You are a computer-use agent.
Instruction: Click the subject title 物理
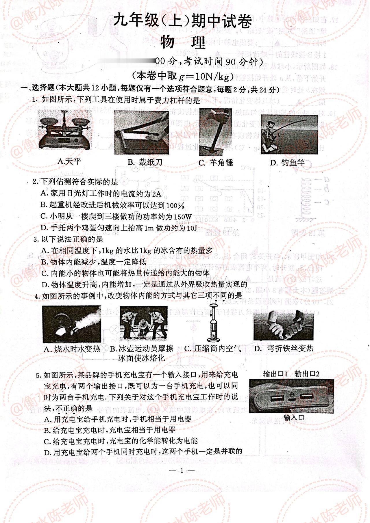183,43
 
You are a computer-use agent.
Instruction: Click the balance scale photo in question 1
65,130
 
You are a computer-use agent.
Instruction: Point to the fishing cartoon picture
289,134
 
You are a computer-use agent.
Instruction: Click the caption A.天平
69,161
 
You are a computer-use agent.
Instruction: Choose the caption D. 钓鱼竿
287,163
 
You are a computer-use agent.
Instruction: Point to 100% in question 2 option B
175,205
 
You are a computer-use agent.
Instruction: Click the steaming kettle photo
72,324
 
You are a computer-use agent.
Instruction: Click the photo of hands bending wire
283,325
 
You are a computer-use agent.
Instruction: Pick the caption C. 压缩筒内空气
213,349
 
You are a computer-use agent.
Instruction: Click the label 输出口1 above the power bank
275,374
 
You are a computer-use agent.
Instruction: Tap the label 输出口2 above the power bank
307,374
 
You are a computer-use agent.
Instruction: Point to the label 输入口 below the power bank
294,418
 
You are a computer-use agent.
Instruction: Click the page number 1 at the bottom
182,470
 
